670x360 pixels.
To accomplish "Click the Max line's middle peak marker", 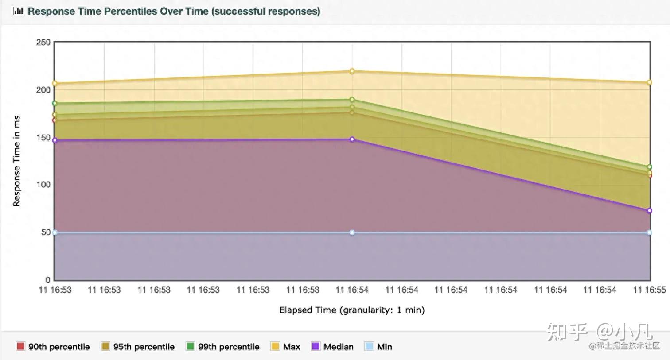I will [352, 71].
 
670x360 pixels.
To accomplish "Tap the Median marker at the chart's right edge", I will [650, 211].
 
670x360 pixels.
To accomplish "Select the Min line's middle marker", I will [352, 232].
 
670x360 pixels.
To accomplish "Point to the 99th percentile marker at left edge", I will [55, 103].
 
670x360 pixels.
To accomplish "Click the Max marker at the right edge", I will [650, 82].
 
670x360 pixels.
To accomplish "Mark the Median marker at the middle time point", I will [352, 139].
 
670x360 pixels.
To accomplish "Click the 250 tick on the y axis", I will [43, 43].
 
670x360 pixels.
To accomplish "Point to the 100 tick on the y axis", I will [43, 185].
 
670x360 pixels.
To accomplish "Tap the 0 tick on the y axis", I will [48, 280].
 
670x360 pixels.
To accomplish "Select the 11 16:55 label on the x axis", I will [649, 290].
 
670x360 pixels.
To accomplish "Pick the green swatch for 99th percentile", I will [190, 346].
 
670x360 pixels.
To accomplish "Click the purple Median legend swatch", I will [316, 346].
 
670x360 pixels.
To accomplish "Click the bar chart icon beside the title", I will [18, 11].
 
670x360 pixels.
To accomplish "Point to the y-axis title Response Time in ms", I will [17, 161].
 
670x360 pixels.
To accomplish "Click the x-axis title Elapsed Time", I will [352, 310].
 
